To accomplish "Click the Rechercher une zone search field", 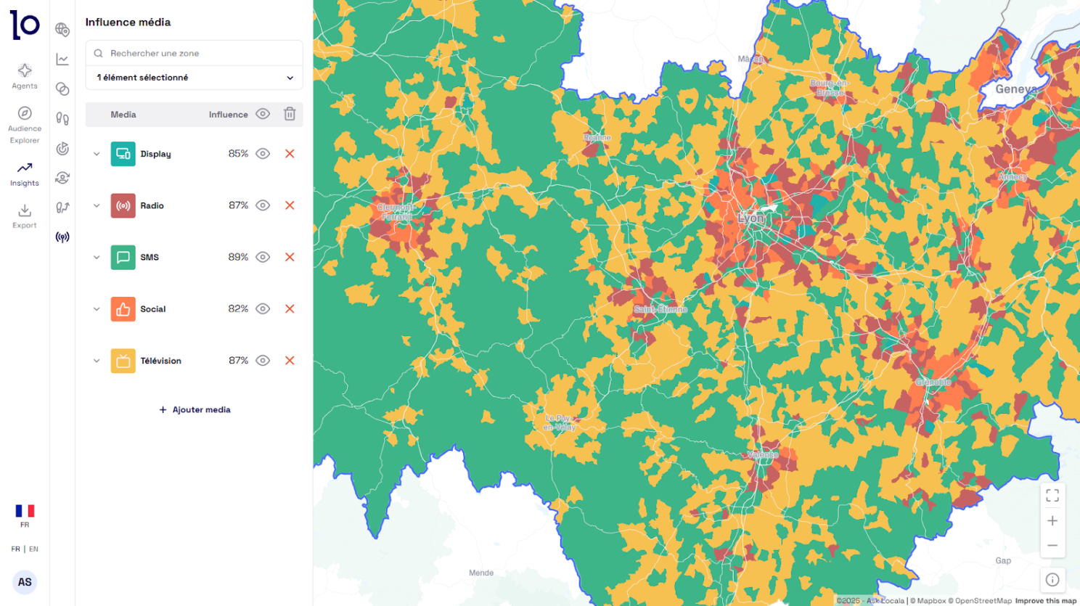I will click(x=196, y=53).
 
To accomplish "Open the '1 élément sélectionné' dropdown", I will click(x=195, y=78).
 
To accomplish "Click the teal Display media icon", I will click(x=123, y=154).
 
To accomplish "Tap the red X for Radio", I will click(x=290, y=205).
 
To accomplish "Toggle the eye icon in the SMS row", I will click(x=263, y=257).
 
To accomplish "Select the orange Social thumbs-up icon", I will click(x=123, y=309).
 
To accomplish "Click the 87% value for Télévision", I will click(x=238, y=361).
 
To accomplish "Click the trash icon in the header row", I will click(x=290, y=114).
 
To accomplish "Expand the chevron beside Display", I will click(x=97, y=154).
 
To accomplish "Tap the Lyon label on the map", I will click(x=750, y=218).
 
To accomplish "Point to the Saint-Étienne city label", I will click(x=660, y=309).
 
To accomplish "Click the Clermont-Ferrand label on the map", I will click(x=396, y=212).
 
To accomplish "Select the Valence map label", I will click(x=762, y=455).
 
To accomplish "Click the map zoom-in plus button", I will click(x=1052, y=521).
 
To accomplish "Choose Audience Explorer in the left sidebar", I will click(x=25, y=124).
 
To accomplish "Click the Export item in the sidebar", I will click(x=25, y=216).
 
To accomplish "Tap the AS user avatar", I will click(x=25, y=582).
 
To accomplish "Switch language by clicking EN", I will click(x=33, y=549).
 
